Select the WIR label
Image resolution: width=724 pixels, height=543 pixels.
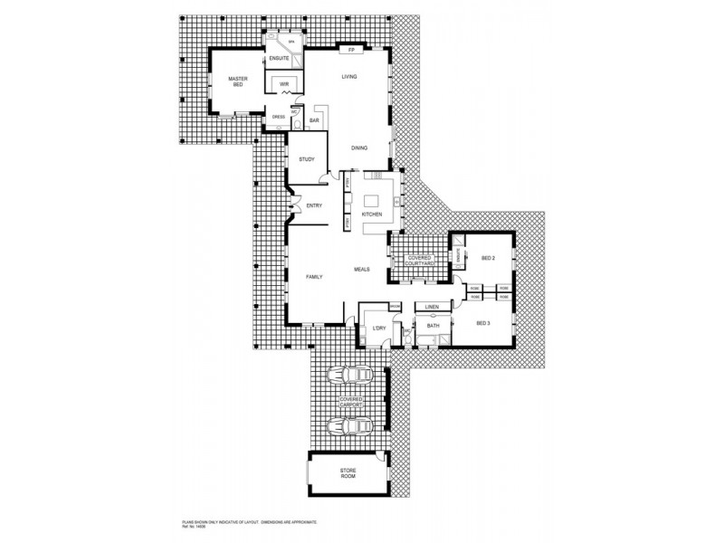(x=283, y=83)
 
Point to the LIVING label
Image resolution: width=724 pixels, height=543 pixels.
(x=349, y=77)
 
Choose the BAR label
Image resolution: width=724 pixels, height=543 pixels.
(x=314, y=120)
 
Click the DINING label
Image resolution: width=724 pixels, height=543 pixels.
(x=359, y=148)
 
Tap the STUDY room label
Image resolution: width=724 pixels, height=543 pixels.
(x=306, y=160)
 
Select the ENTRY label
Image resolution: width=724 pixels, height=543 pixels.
(x=314, y=205)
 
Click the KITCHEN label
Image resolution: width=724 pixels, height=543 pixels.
(x=372, y=214)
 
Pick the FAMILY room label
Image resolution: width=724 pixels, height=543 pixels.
(x=314, y=276)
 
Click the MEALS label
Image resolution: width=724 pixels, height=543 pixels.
(x=363, y=270)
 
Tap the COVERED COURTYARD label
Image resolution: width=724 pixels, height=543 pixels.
(x=420, y=261)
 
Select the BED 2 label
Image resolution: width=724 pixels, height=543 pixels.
(x=488, y=259)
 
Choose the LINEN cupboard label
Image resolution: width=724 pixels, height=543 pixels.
(x=432, y=308)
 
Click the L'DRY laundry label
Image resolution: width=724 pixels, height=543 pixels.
(x=378, y=328)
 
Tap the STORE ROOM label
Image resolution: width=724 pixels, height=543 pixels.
(x=348, y=474)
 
